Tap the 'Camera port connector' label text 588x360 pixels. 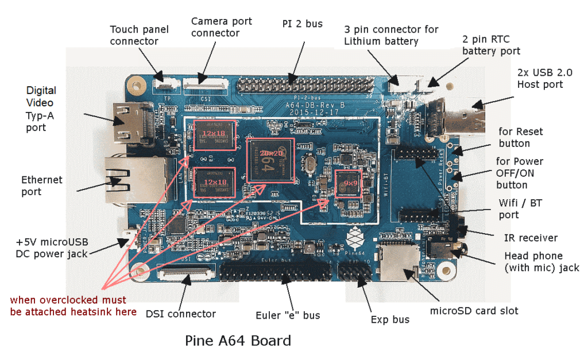point(221,27)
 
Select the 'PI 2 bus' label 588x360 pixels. point(303,24)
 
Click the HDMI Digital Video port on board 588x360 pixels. point(130,123)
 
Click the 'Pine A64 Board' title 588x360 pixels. point(238,340)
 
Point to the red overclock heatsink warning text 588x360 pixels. point(73,306)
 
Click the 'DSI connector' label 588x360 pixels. point(180,313)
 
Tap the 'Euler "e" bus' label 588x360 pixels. point(288,315)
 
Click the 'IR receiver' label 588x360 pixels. point(531,238)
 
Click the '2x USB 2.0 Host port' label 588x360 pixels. point(540,79)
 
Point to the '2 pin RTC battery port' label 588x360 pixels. point(491,45)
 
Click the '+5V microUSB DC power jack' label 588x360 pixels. point(52,247)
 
